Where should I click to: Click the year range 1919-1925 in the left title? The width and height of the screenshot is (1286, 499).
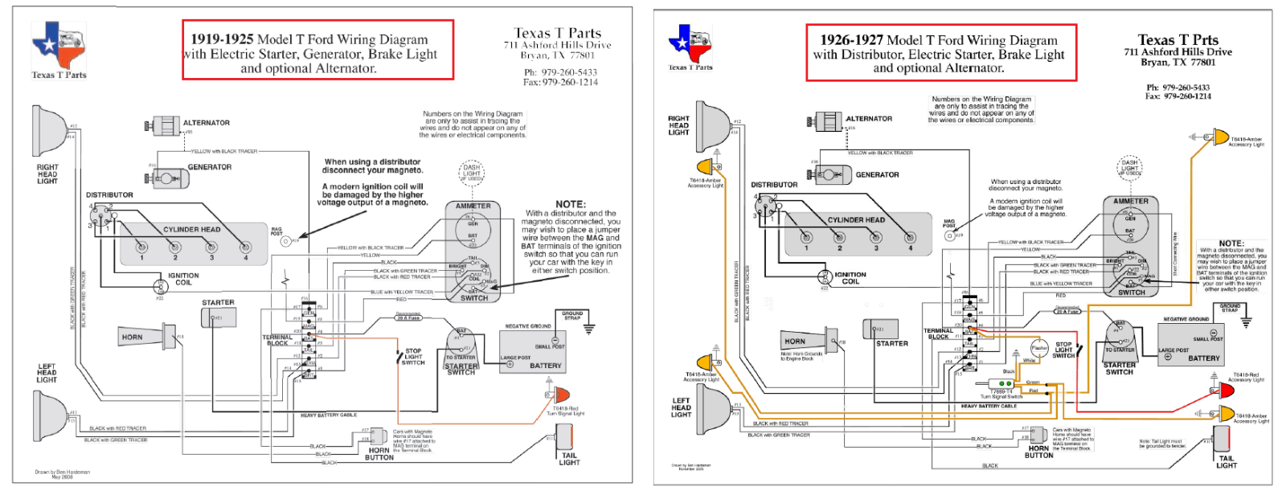point(222,39)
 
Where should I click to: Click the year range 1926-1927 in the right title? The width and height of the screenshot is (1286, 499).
point(851,40)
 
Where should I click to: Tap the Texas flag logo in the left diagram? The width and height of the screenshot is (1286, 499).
point(58,46)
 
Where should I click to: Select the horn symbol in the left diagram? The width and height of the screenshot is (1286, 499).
point(169,336)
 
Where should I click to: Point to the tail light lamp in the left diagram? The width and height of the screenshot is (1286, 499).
point(565,437)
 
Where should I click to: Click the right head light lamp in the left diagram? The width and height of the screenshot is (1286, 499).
point(51,131)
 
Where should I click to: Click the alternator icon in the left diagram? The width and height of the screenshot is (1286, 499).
point(166,125)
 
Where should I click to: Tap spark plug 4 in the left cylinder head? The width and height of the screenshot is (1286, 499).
point(245,247)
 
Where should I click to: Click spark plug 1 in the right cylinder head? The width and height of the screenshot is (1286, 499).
point(806,238)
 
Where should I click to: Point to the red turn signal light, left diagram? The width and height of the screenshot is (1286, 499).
point(559,395)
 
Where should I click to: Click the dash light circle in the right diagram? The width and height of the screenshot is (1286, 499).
point(1130,167)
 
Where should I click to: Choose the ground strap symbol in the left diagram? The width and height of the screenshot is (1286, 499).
point(589,328)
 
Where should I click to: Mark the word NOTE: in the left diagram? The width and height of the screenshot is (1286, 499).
point(571,204)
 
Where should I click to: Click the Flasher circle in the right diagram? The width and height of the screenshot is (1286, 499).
point(1039,349)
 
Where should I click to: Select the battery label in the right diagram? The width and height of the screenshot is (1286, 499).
point(1203,358)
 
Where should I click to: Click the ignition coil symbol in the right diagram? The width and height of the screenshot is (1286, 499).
point(824,277)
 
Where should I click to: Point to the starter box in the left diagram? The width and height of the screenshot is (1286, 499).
point(217,319)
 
